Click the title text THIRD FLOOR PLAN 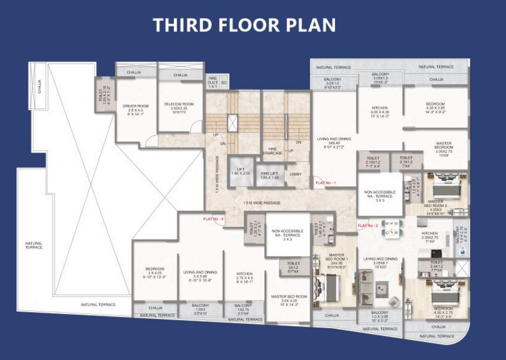[244, 25]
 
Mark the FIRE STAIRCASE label [273, 151]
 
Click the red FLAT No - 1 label [326, 182]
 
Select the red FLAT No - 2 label [368, 225]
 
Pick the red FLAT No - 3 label [213, 219]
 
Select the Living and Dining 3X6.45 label [334, 142]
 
